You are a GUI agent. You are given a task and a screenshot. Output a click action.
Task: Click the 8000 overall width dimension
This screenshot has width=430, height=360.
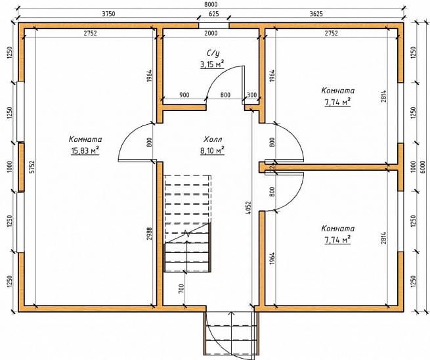point(211,4)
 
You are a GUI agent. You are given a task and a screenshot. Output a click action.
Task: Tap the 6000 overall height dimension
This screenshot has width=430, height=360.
point(423,167)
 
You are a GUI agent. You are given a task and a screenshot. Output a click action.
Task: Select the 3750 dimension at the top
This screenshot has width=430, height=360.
point(108,14)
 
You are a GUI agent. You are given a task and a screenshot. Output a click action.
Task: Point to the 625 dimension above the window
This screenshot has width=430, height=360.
point(214,14)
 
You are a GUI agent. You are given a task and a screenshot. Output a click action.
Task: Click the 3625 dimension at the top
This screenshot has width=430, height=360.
point(316,14)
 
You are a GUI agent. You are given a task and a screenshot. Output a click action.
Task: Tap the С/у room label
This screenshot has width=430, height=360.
point(213,53)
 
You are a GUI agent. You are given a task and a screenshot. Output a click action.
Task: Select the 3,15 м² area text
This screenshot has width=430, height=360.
point(212,64)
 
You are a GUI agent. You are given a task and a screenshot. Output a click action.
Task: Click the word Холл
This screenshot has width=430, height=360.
point(213,139)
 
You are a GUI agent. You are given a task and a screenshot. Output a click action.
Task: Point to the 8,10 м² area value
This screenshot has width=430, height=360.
point(212,150)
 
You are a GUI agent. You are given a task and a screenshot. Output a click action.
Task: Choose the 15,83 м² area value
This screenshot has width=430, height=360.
point(85,150)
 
